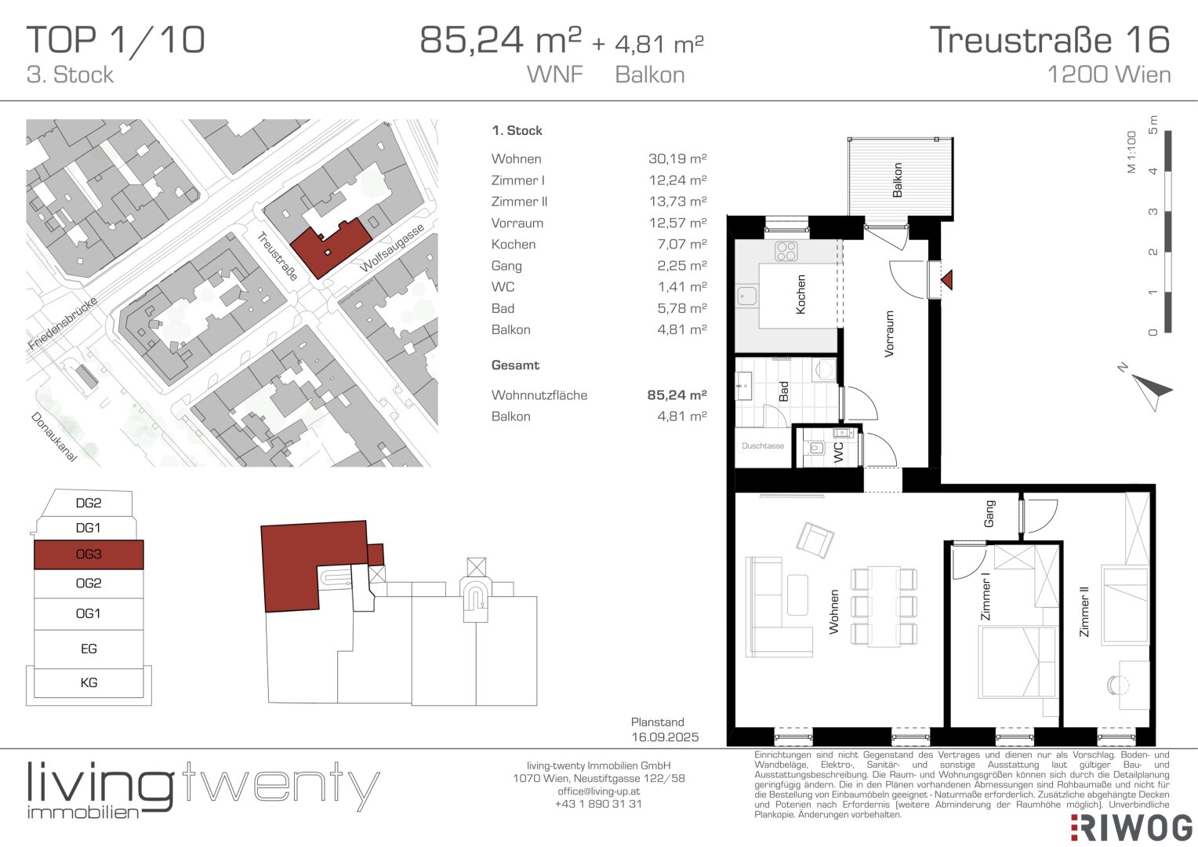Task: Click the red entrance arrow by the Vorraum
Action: pos(947,280)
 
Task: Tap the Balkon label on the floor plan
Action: pos(898,180)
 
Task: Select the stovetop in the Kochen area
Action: pos(786,251)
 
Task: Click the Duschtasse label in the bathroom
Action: pos(763,445)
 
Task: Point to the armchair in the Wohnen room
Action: pos(815,540)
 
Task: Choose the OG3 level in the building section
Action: pos(89,554)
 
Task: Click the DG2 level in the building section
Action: pos(89,503)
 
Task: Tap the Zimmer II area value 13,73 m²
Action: pos(677,202)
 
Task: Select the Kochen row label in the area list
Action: pos(514,245)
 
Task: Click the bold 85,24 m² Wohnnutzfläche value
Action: pos(677,394)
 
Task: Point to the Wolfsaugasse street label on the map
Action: pos(392,248)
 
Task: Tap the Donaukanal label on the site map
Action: pos(54,437)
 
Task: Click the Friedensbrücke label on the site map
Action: pos(63,322)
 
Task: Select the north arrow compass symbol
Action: pos(1150,391)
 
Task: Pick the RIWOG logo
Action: pos(1131,827)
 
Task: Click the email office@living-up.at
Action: pos(598,791)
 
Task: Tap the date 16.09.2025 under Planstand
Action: pos(665,736)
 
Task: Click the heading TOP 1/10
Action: pos(115,40)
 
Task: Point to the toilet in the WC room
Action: pos(817,447)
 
